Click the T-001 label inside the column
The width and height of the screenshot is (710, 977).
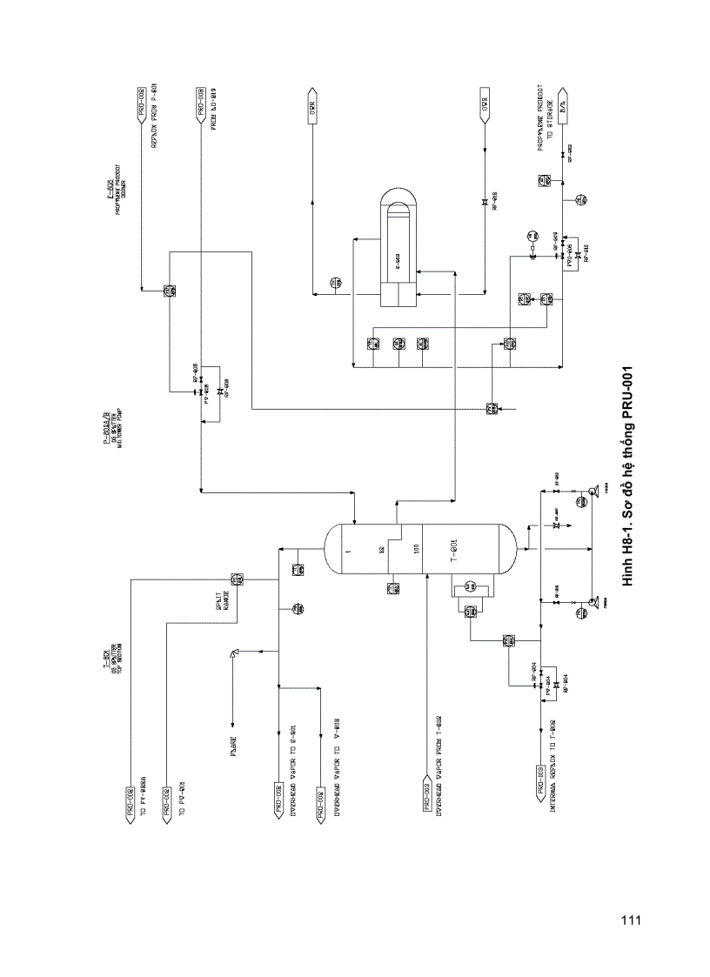tap(454, 551)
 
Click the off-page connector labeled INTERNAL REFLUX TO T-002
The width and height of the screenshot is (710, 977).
tap(540, 780)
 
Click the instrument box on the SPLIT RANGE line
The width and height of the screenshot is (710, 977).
tap(236, 580)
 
